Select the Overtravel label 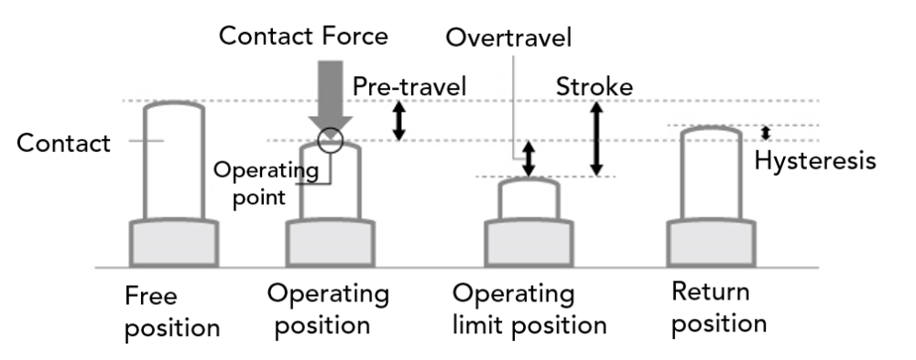[x=508, y=38]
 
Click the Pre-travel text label [x=409, y=86]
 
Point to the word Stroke [x=594, y=87]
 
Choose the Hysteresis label [x=814, y=161]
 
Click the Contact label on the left [x=63, y=143]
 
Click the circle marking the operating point [x=329, y=140]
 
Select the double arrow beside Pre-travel [x=398, y=121]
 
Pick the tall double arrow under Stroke [x=596, y=137]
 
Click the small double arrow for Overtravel [x=528, y=158]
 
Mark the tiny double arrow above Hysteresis [x=766, y=134]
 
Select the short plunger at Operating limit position [x=529, y=200]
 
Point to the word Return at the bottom [x=710, y=293]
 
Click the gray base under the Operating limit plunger [x=529, y=244]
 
